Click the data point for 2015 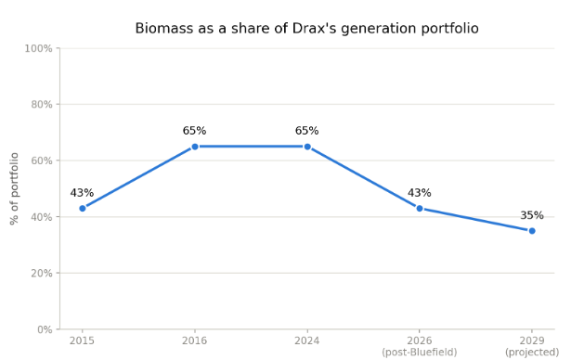point(83,208)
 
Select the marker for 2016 point(195,147)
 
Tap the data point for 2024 point(307,147)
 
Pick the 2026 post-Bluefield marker point(420,208)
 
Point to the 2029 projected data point point(532,231)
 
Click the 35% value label point(532,215)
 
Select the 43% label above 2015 point(82,193)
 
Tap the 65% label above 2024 point(307,131)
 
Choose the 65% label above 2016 point(194,131)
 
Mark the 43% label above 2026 point(420,193)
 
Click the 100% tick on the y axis point(39,48)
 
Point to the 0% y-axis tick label point(45,329)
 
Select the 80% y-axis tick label point(42,105)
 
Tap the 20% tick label point(42,273)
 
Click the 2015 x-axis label point(82,341)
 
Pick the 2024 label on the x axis point(307,341)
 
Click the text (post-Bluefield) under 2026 point(420,353)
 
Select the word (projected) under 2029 point(532,353)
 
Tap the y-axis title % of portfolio point(14,188)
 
